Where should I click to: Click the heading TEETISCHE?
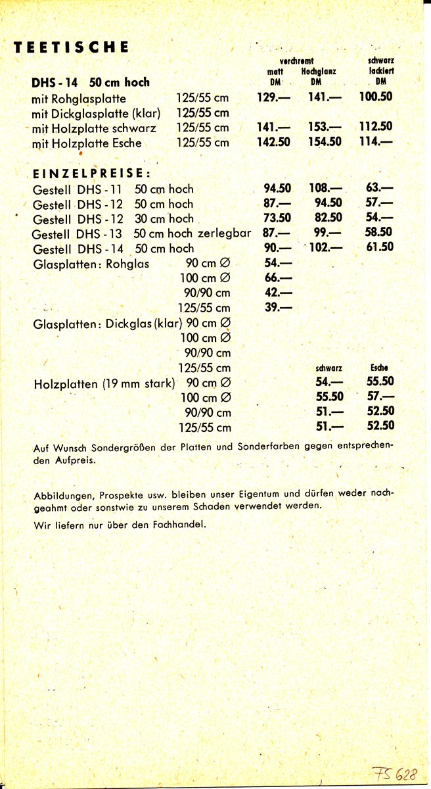click(x=71, y=47)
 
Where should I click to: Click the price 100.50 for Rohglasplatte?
click(x=376, y=97)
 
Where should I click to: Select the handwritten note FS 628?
click(x=398, y=774)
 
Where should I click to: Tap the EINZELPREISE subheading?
click(x=92, y=174)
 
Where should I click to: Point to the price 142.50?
click(x=273, y=142)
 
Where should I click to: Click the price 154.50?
click(x=325, y=142)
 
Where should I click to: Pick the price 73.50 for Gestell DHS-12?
click(x=273, y=218)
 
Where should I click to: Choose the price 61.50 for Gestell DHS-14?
click(x=378, y=248)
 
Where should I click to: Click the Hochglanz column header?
click(x=319, y=71)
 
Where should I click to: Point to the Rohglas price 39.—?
click(x=278, y=308)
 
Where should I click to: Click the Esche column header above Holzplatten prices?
click(x=379, y=368)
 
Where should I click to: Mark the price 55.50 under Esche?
click(x=379, y=382)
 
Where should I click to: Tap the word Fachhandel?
click(x=180, y=525)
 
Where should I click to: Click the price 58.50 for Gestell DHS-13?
click(x=379, y=233)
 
